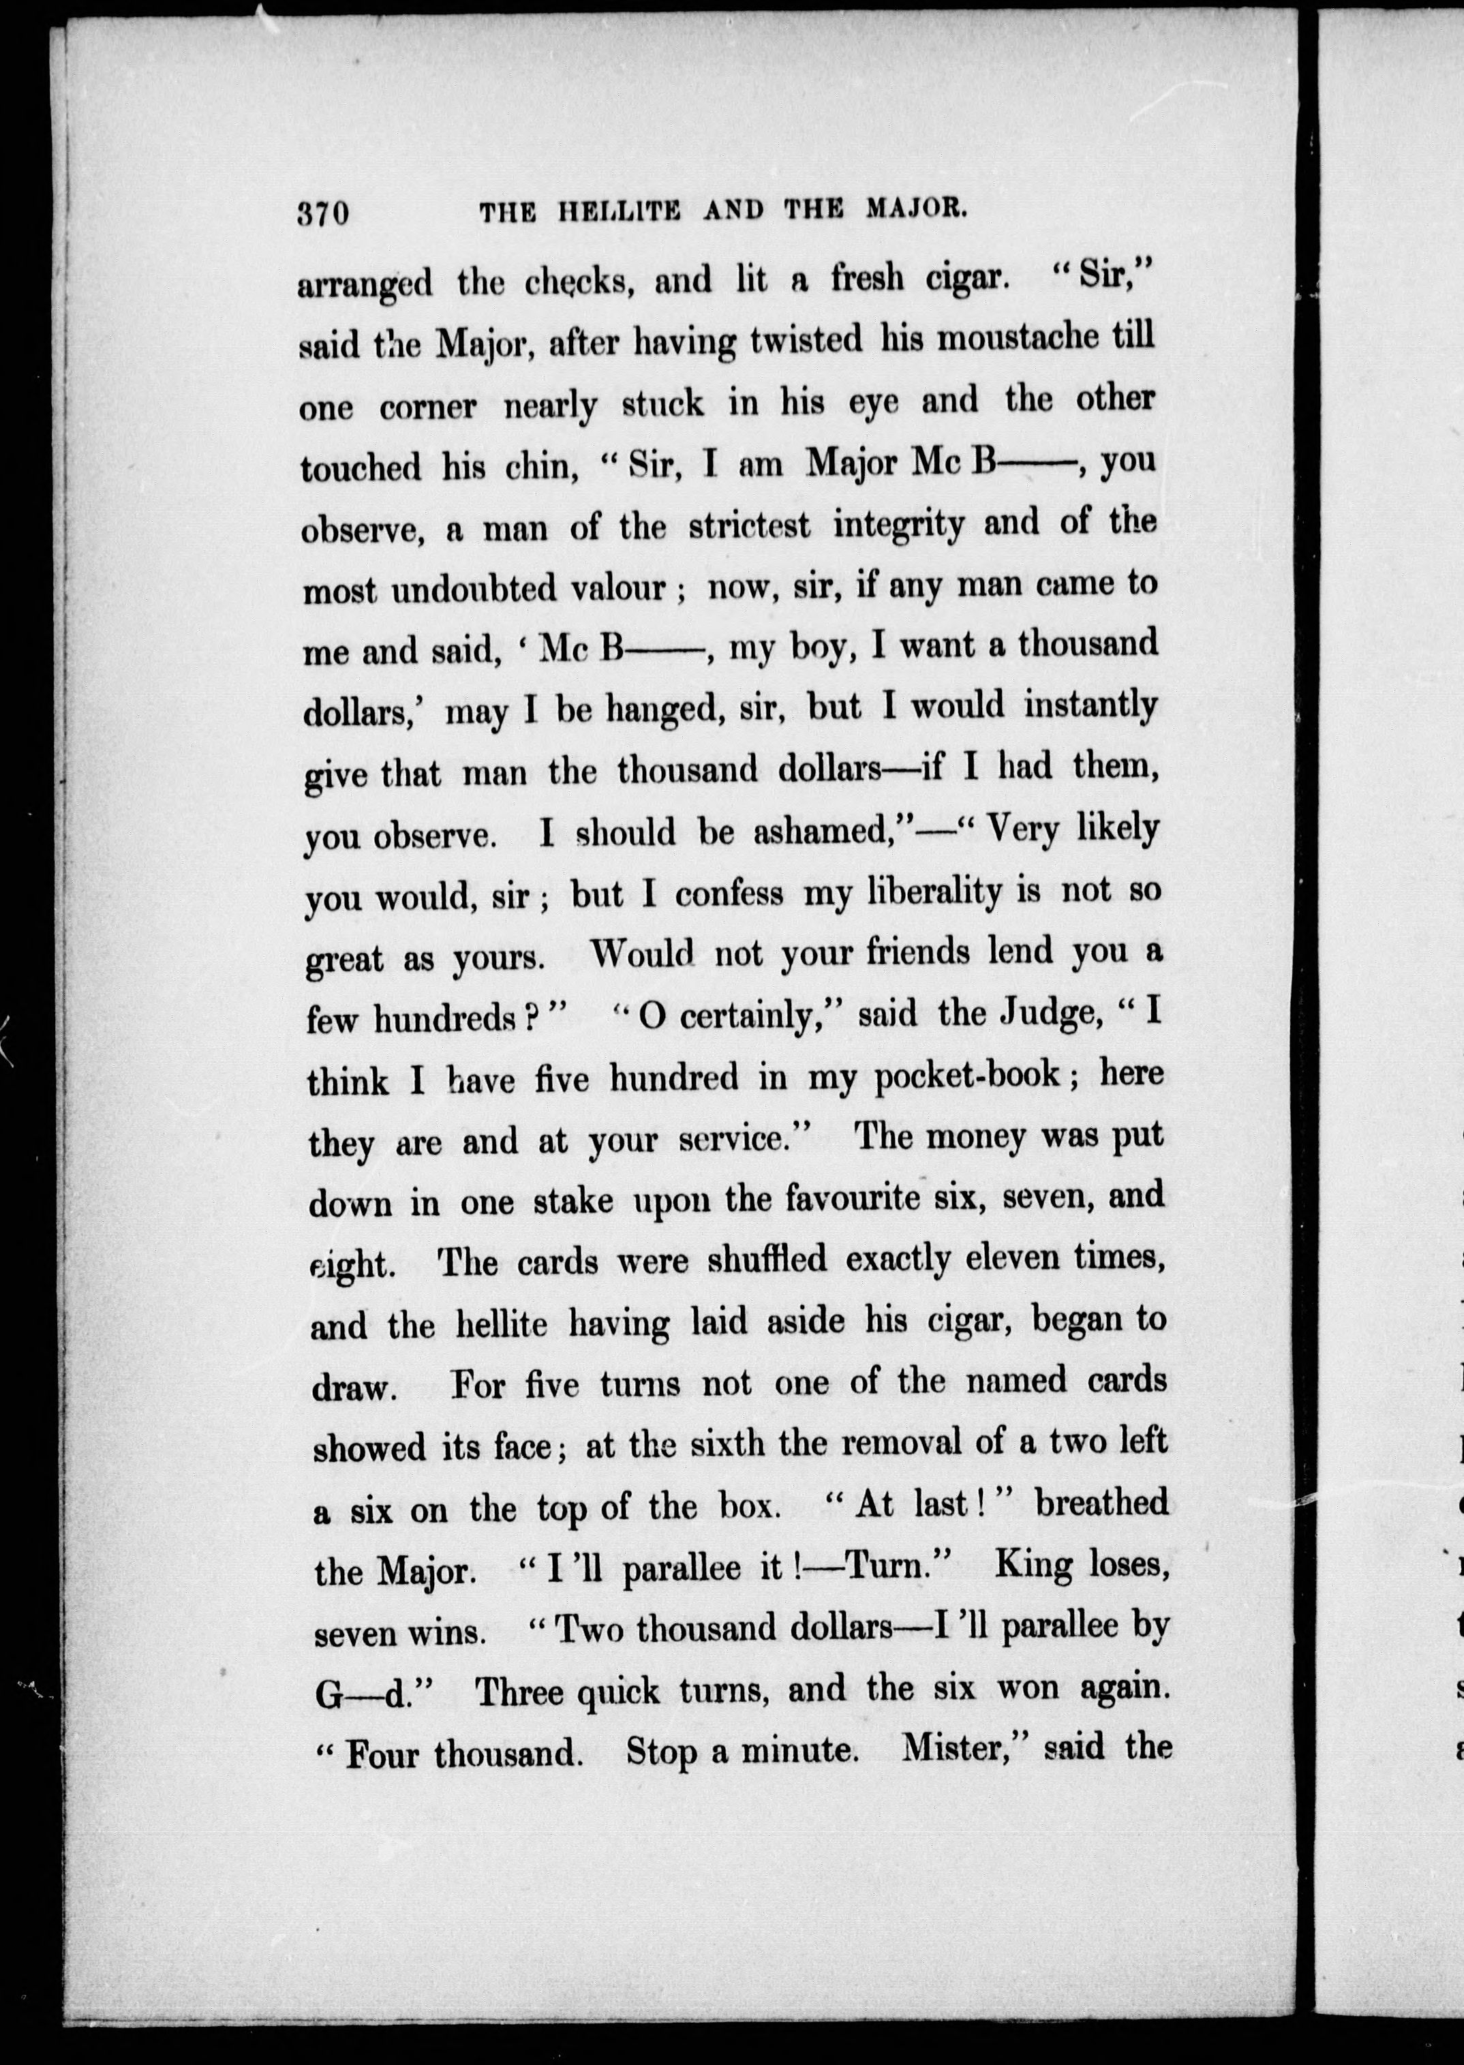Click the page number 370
coord(323,215)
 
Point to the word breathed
coord(1101,1503)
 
